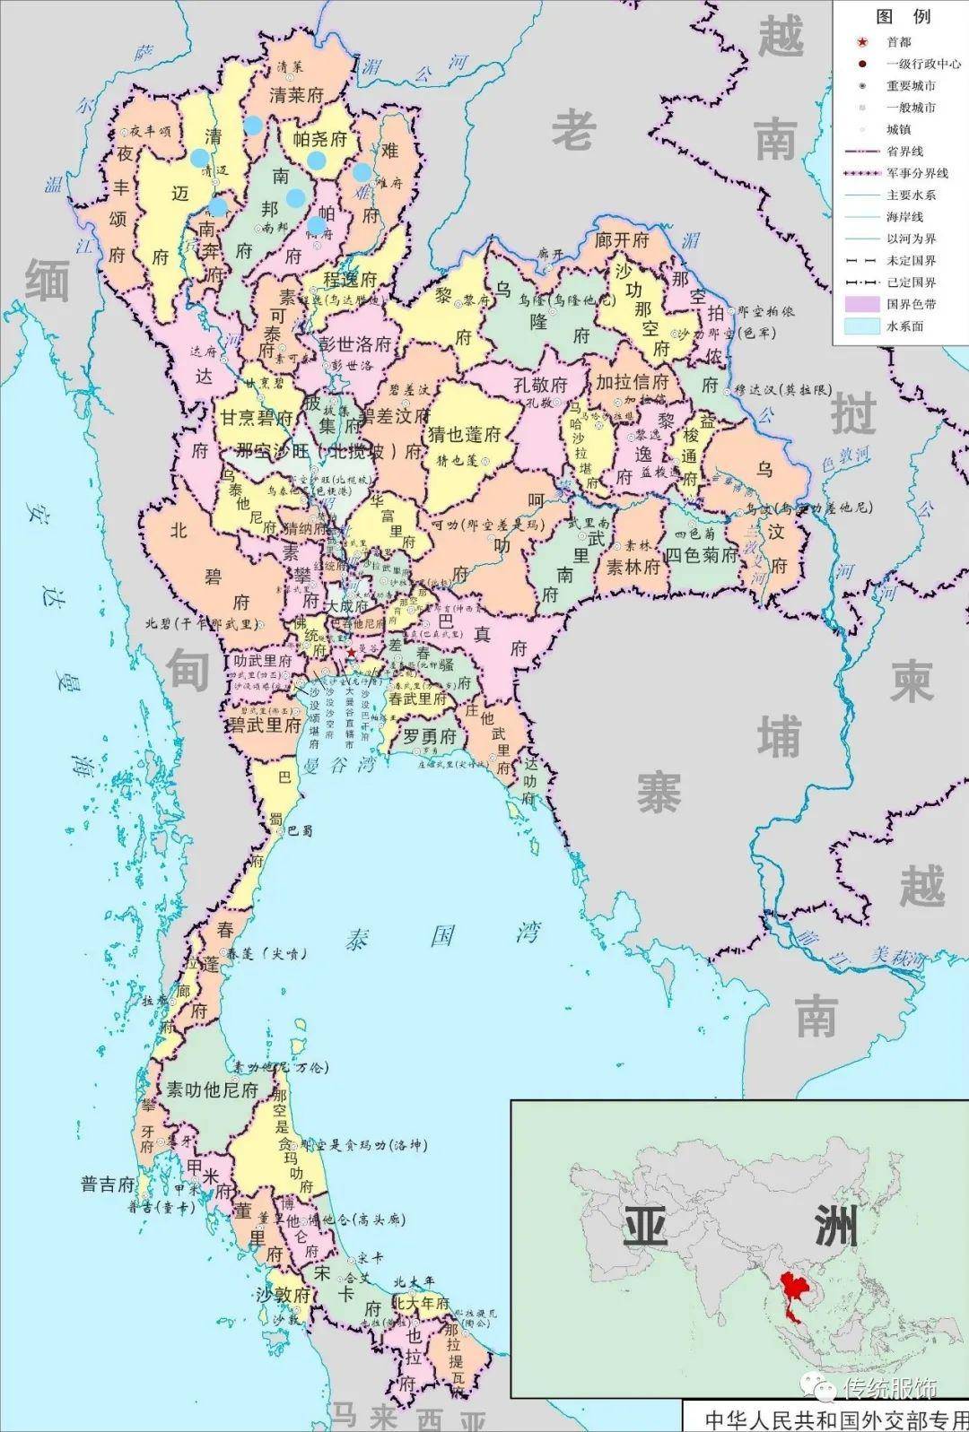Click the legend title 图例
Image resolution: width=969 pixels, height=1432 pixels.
click(x=903, y=17)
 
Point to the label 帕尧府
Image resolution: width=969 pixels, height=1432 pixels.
click(x=319, y=140)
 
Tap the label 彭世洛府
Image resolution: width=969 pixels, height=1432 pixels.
click(x=356, y=344)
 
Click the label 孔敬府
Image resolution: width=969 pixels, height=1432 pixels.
click(x=540, y=385)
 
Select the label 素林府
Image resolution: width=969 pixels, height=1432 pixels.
click(x=633, y=567)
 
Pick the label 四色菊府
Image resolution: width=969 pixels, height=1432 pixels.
click(x=701, y=555)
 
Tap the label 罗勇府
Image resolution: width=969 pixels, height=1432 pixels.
click(x=428, y=737)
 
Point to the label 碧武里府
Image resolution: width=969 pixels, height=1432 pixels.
click(x=265, y=725)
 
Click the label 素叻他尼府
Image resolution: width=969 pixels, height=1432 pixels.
click(x=213, y=1090)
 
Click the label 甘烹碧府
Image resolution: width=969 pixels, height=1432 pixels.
click(x=258, y=418)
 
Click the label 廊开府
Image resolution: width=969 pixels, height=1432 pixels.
click(x=622, y=240)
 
